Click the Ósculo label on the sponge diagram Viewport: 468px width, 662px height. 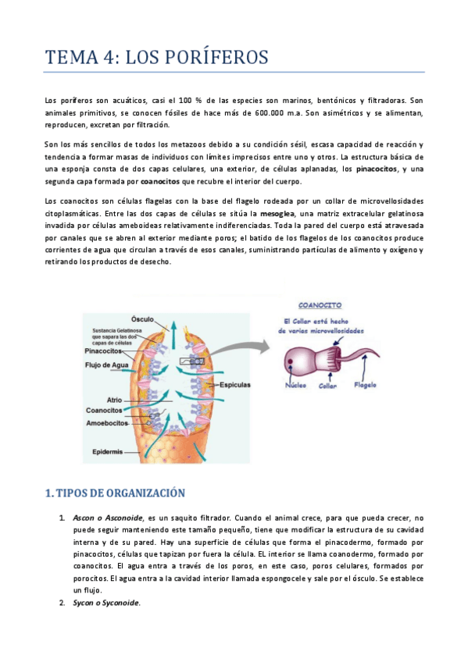coord(142,319)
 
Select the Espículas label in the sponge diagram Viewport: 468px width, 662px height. coord(235,386)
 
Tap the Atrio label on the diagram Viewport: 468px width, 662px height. coord(114,400)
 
